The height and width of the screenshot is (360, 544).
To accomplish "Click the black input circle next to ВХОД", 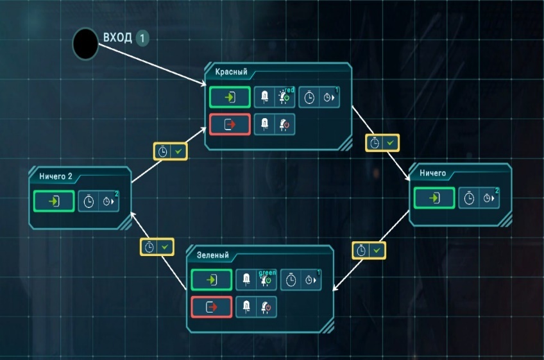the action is (x=85, y=42).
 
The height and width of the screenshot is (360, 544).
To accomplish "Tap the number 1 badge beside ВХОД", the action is (x=142, y=38).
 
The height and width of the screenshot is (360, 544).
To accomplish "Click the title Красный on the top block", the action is (x=231, y=72).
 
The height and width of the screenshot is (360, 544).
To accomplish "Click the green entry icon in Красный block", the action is (x=230, y=98).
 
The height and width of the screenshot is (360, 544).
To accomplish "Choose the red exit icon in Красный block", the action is (x=230, y=124).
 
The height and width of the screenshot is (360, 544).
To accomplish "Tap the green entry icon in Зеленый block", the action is (x=212, y=280).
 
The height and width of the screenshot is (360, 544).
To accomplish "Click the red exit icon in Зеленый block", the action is (x=212, y=307).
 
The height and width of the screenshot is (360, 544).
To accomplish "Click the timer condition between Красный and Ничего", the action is (x=383, y=142).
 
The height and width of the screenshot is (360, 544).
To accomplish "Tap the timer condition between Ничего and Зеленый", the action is (x=370, y=250).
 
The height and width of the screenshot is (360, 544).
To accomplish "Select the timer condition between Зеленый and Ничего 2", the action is (x=157, y=246).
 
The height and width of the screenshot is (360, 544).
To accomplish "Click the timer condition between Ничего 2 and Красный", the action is (x=171, y=151).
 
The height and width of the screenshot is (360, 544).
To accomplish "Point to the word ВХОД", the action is (x=117, y=37).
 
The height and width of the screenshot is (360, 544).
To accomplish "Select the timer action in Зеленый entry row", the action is (x=301, y=280).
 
